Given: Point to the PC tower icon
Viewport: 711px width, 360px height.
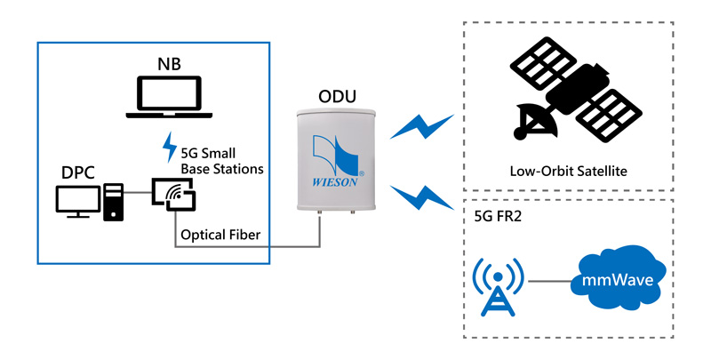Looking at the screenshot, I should click(x=114, y=202).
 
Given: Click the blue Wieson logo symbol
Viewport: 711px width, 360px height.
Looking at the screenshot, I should click(x=337, y=153).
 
